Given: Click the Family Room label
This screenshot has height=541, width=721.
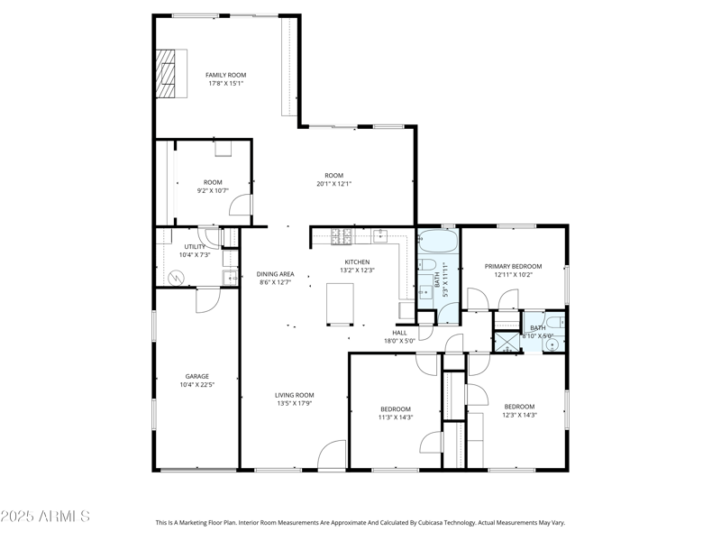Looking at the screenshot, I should coord(225,75).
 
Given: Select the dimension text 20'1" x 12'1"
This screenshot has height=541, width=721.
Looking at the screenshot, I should coord(333,184).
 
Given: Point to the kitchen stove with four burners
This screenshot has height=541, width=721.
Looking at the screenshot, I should coord(342,238).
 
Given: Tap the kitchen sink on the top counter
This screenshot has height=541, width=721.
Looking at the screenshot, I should coord(381,237).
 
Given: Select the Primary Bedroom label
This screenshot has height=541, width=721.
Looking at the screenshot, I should coord(513,266).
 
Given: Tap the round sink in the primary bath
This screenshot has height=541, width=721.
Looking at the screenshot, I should coord(553,343).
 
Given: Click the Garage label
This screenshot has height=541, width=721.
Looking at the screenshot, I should coord(197,376).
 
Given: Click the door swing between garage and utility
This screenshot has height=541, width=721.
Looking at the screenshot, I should coord(207,300).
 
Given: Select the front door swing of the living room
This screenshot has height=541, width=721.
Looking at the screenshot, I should coord(332,454).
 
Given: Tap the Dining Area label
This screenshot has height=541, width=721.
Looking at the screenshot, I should coord(275,274).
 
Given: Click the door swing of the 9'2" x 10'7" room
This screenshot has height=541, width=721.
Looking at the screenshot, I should coord(240,206).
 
